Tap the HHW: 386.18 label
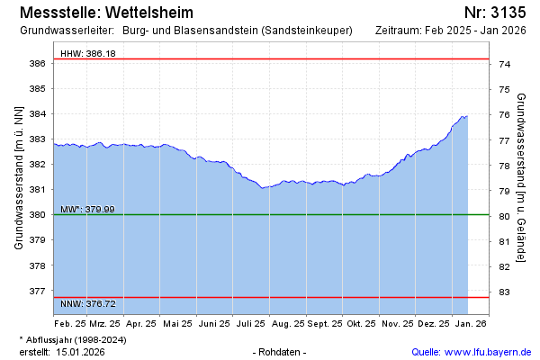coord(87,54)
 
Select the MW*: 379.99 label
coord(87,210)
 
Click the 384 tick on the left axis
coord(38,114)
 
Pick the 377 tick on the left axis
coord(38,292)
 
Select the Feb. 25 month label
coord(69,322)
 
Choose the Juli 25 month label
coord(249,322)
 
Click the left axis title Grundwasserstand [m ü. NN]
coord(18,177)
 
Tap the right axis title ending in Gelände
coord(521,177)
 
